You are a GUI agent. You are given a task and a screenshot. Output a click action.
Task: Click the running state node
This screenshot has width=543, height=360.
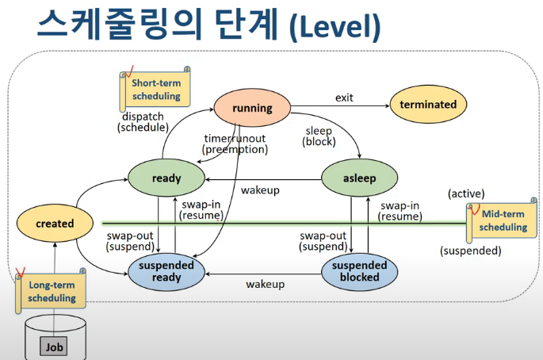click(x=252, y=108)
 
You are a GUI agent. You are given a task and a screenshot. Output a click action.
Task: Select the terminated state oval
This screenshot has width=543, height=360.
click(x=428, y=105)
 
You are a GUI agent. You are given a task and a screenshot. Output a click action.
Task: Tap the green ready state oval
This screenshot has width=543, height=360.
click(x=166, y=178)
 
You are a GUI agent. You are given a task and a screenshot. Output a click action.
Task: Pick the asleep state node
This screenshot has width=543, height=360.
click(x=359, y=178)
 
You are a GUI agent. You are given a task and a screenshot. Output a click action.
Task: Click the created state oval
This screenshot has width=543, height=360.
click(x=55, y=224)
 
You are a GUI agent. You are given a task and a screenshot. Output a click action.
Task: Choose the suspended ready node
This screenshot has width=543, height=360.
click(x=166, y=272)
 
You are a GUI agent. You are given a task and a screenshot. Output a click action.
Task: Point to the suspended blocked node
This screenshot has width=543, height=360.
click(x=359, y=271)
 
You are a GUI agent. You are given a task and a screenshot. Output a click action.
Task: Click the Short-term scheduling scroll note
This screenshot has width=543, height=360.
click(x=155, y=90)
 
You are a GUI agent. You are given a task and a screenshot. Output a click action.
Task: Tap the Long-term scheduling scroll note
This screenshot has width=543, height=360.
click(x=52, y=291)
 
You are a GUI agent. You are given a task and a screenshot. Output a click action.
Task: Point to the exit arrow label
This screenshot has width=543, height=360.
click(x=343, y=98)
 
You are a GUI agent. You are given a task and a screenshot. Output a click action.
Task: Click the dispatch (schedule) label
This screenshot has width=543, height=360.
click(x=143, y=121)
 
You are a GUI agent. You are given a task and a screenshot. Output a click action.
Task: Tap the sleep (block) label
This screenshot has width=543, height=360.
click(x=319, y=136)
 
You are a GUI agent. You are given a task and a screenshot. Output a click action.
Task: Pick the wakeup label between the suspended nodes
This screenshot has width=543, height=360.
click(x=265, y=284)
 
